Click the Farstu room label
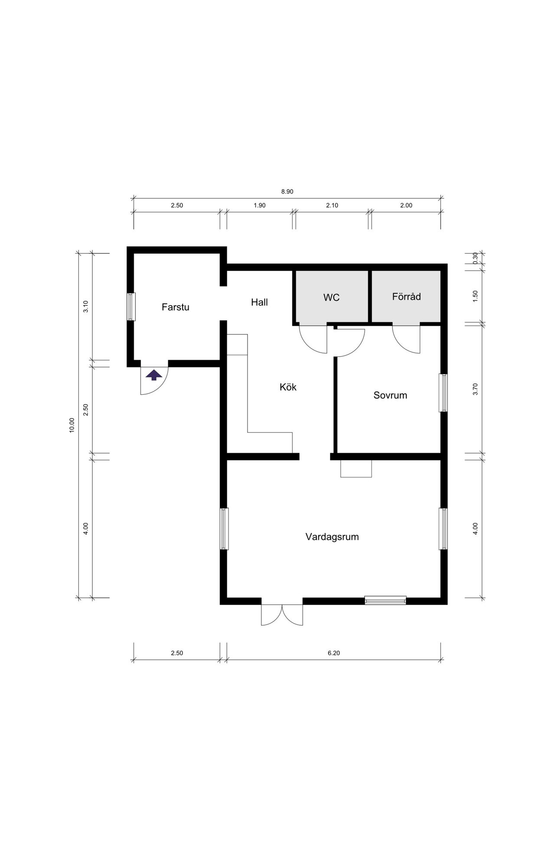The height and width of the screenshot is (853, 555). tap(175, 307)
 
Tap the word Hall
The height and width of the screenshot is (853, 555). tap(259, 302)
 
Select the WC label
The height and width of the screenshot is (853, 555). tap(331, 298)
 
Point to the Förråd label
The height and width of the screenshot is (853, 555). tap(406, 297)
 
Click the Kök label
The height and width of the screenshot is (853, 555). tap(288, 387)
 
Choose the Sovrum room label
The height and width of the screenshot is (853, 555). tap(390, 395)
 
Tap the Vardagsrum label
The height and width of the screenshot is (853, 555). tap(332, 537)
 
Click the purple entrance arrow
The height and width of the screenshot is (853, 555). tap(154, 375)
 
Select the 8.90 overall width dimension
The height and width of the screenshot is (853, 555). tap(287, 191)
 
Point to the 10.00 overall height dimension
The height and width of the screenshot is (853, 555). tap(72, 425)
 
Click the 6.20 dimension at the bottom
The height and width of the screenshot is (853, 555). tap(334, 653)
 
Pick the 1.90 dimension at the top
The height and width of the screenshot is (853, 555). tap(260, 205)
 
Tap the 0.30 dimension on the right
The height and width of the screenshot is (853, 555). tap(475, 258)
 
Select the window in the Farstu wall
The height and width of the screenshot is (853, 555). tap(131, 307)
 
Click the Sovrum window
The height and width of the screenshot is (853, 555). tap(443, 392)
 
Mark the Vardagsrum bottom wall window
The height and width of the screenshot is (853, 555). tap(385, 600)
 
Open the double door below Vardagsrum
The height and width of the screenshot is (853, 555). tap(282, 615)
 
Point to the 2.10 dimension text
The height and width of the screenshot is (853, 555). tap(332, 205)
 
